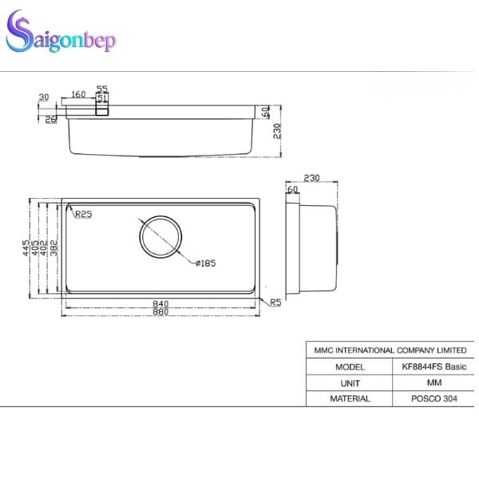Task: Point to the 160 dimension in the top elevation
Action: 78,95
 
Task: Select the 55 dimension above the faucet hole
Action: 102,89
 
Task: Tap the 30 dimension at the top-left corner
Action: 43,97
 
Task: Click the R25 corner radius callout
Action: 82,214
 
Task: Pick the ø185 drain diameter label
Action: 204,263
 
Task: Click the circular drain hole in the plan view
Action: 162,236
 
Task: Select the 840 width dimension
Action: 160,303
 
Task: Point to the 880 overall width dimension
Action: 160,311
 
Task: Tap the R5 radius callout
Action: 275,302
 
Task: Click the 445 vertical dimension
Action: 26,247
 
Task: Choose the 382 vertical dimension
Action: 53,247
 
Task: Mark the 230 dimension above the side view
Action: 311,179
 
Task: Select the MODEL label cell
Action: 350,367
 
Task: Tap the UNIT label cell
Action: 350,383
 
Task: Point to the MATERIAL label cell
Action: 350,398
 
